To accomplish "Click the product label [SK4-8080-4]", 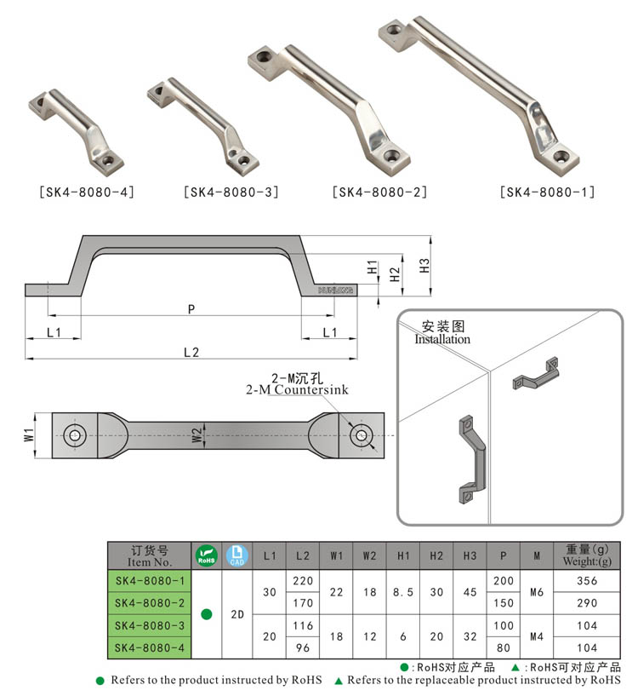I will pyautogui.click(x=87, y=192).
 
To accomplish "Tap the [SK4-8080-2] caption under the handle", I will pyautogui.click(x=380, y=192).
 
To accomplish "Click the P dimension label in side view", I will pyautogui.click(x=191, y=309).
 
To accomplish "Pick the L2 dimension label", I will pyautogui.click(x=191, y=352).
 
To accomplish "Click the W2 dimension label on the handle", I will pyautogui.click(x=197, y=435).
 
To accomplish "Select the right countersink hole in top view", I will pyautogui.click(x=362, y=435).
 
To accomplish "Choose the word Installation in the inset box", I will pyautogui.click(x=442, y=339).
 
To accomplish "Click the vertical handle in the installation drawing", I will pyautogui.click(x=470, y=459).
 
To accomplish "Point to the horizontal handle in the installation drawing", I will pyautogui.click(x=534, y=375).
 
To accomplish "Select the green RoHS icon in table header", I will pyautogui.click(x=206, y=555).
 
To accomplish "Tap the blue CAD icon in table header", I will pyautogui.click(x=238, y=555).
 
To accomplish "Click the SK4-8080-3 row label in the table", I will pyautogui.click(x=150, y=626).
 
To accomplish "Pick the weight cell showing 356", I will pyautogui.click(x=587, y=581).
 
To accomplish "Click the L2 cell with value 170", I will pyautogui.click(x=303, y=603).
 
